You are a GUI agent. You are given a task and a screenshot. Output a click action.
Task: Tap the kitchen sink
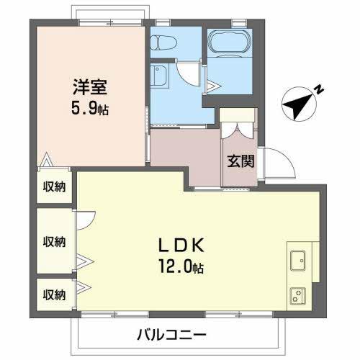[298, 260]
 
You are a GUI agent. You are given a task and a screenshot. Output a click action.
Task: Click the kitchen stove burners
[298, 294]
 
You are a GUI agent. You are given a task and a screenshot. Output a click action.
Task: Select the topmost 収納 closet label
[54, 187]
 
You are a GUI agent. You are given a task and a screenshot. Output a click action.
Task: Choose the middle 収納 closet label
[54, 240]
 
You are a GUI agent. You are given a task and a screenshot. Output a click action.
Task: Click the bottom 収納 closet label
[54, 294]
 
